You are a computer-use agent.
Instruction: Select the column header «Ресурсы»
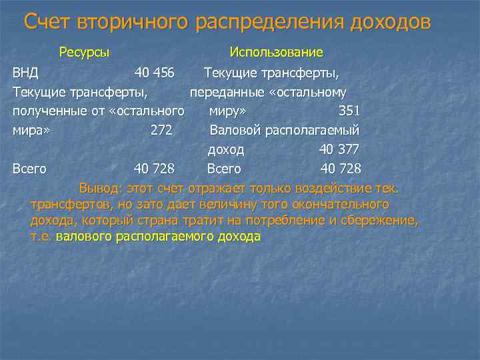(x=84, y=52)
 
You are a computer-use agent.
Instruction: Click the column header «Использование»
(x=276, y=52)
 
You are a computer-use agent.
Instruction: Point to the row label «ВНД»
(x=25, y=72)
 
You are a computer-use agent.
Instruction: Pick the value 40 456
(x=154, y=72)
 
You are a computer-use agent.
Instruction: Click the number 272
(x=161, y=130)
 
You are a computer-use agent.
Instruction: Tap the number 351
(x=349, y=111)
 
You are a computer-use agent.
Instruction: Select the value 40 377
(x=339, y=149)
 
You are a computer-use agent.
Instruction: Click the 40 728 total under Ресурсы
(x=154, y=169)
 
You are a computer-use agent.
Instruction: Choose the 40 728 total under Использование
(x=341, y=169)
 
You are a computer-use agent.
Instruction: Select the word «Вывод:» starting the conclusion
(x=99, y=187)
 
